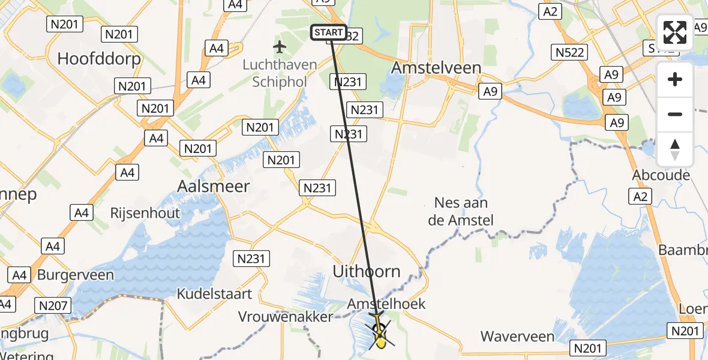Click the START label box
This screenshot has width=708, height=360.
(x=328, y=32)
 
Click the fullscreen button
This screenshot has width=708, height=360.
(x=675, y=32)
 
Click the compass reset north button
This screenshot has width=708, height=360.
(x=675, y=149)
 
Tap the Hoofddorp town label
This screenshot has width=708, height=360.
(x=99, y=59)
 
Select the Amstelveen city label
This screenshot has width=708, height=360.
(x=436, y=68)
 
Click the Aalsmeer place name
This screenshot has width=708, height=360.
(x=214, y=186)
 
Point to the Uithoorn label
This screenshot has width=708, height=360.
(x=367, y=271)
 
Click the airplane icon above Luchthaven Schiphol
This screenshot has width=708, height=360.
(x=280, y=47)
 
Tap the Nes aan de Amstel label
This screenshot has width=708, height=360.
(x=461, y=212)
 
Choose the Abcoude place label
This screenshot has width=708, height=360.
(x=661, y=175)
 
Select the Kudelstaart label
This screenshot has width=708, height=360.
(x=214, y=294)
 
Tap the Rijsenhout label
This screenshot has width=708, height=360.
(x=145, y=213)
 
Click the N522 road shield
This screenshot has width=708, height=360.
(x=570, y=53)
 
